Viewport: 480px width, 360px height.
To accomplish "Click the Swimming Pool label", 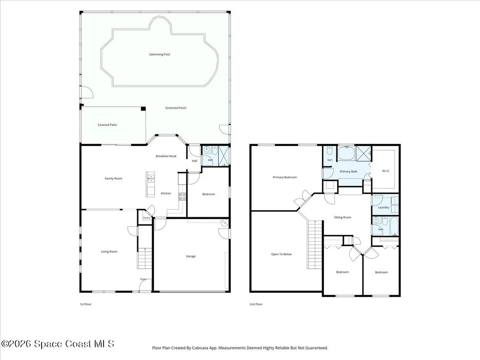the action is click(x=159, y=55).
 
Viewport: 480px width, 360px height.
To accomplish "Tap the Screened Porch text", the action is click(x=176, y=108).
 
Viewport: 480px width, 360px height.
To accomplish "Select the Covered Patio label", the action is click(x=107, y=125).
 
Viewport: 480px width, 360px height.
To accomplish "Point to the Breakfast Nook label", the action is click(x=166, y=156).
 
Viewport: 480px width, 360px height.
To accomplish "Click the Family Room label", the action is click(x=114, y=178).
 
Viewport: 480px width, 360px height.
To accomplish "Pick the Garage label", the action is click(x=191, y=256).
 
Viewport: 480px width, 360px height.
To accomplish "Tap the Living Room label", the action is click(x=109, y=252).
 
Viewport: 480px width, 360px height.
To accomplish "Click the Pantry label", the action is click(x=147, y=218).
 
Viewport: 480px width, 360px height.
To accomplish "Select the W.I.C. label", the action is click(x=386, y=171).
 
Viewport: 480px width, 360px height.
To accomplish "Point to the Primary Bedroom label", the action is click(x=285, y=177).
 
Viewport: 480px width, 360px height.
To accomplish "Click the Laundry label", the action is click(x=383, y=207).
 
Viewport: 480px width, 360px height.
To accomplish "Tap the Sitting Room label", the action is click(x=343, y=217).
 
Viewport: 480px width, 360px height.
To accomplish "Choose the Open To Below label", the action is click(x=281, y=254).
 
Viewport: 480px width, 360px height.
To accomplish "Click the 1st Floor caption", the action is click(x=85, y=304).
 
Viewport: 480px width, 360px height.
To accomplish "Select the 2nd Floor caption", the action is click(x=256, y=304).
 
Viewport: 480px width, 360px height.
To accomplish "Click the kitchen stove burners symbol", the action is click(x=182, y=197).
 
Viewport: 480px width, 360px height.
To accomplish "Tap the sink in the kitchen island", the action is click(x=151, y=178).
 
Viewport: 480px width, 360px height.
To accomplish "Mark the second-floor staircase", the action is click(x=315, y=244).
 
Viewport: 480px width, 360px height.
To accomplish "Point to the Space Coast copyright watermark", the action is click(x=58, y=344).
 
